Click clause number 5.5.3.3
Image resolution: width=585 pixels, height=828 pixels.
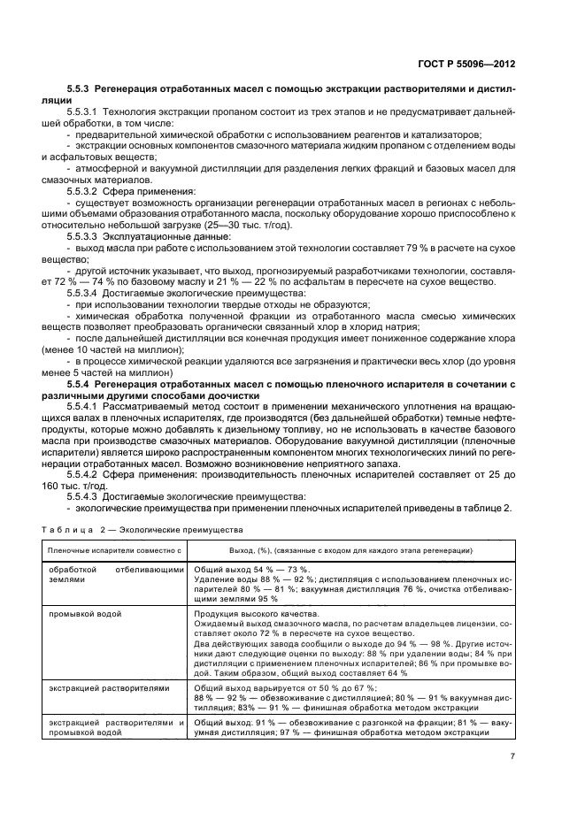tap(88, 236)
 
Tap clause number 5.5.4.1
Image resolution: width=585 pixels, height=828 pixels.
tap(88, 406)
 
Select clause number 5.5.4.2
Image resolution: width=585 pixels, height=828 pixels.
tap(88, 474)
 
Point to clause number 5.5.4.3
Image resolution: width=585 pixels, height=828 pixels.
tap(88, 497)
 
